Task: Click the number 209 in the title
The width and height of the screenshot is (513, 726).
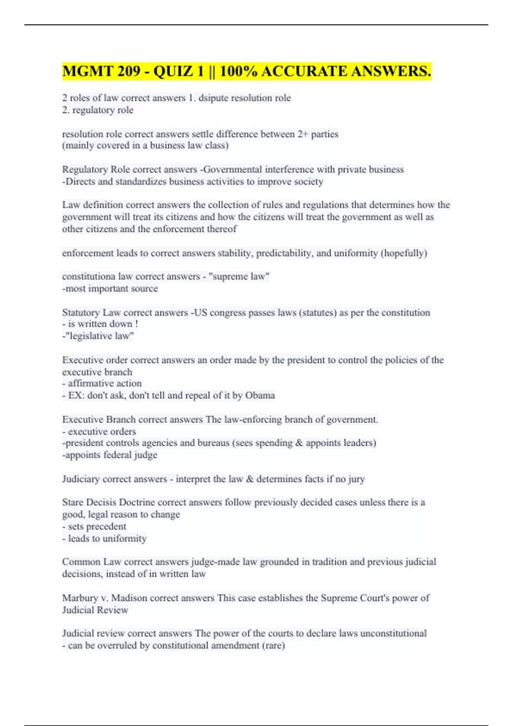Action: (127, 71)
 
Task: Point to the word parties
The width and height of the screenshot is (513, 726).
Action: (324, 134)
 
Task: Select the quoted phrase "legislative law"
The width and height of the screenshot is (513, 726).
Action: (100, 336)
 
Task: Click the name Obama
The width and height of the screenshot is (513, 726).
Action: (260, 395)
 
